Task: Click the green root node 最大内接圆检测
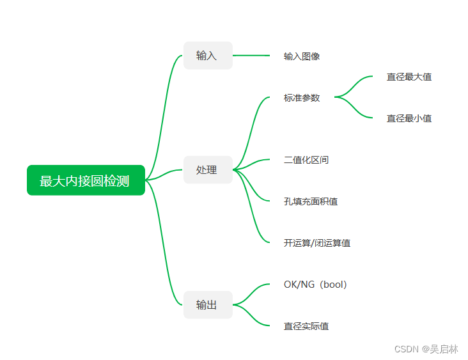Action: tap(86, 180)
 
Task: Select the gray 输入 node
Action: tap(207, 56)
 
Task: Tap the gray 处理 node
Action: tap(207, 170)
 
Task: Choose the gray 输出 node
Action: tap(207, 305)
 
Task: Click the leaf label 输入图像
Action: tap(302, 56)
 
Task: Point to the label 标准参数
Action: tap(302, 98)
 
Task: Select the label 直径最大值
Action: tap(409, 77)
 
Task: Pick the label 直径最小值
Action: tap(409, 118)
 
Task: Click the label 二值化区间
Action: tap(306, 160)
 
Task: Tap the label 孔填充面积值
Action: tap(311, 201)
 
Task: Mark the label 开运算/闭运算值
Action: tap(316, 243)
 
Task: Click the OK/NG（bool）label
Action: tap(315, 285)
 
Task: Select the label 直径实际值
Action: tap(306, 326)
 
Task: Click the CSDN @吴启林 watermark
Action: tap(426, 349)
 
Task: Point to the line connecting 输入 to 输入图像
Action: tap(251, 56)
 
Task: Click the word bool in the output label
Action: tap(334, 285)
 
